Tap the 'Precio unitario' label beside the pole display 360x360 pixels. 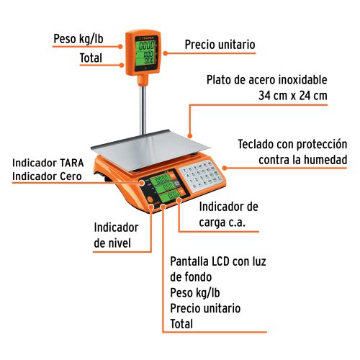pyautogui.click(x=220, y=44)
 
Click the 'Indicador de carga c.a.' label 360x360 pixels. pyautogui.click(x=227, y=215)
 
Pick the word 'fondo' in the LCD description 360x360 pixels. pyautogui.click(x=199, y=276)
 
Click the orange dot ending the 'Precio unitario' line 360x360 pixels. pyautogui.click(x=165, y=52)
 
